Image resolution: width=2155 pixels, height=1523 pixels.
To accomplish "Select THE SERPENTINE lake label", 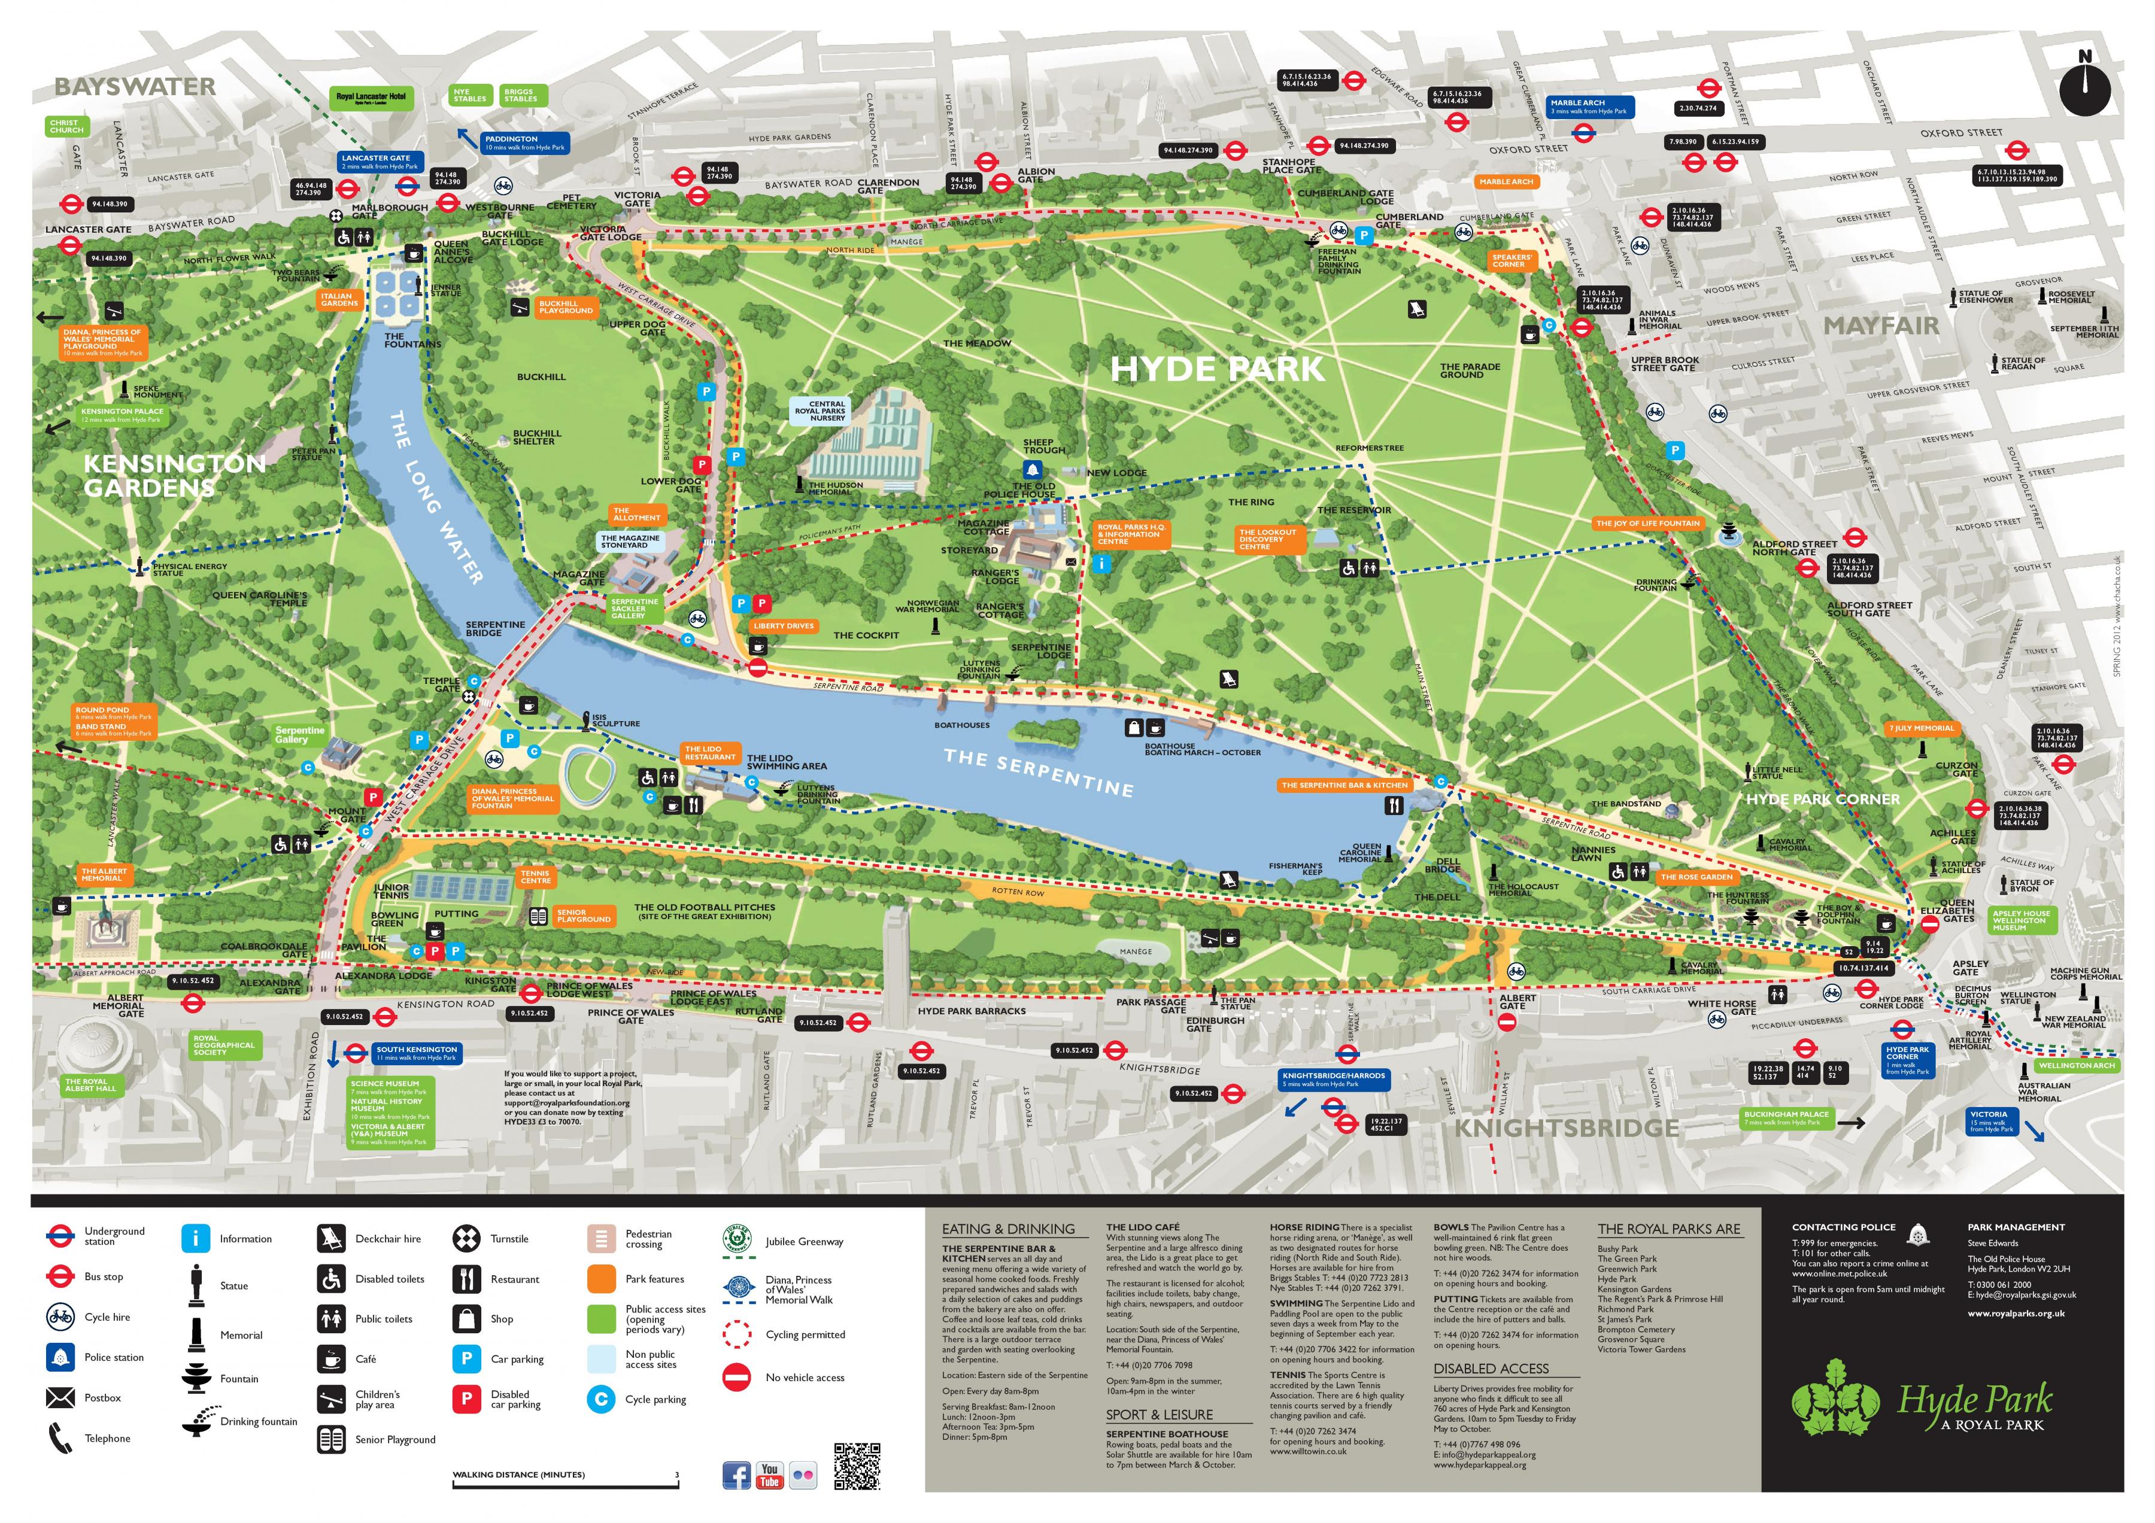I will pyautogui.click(x=1038, y=773).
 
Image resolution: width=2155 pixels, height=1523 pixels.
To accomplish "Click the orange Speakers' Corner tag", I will pyautogui.click(x=1510, y=261).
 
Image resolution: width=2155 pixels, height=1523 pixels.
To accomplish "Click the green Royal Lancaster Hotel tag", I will pyautogui.click(x=372, y=98).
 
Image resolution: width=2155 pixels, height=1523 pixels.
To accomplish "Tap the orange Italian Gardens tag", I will pyautogui.click(x=339, y=299).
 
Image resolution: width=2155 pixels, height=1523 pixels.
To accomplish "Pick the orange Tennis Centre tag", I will pyautogui.click(x=535, y=877).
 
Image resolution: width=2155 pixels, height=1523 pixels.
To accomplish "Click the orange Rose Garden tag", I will pyautogui.click(x=1696, y=877).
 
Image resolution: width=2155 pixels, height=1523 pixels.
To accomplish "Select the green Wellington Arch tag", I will pyautogui.click(x=2076, y=1065).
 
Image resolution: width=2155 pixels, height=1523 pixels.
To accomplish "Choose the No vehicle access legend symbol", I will pyautogui.click(x=737, y=1376).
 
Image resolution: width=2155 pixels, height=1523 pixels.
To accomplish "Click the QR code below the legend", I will pyautogui.click(x=857, y=1466).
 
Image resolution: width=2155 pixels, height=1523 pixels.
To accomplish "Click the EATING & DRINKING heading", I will pyautogui.click(x=1008, y=1229).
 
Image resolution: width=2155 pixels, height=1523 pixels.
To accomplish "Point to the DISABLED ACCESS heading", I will pyautogui.click(x=1491, y=1368).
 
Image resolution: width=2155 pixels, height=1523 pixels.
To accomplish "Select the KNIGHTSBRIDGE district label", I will pyautogui.click(x=1565, y=1128).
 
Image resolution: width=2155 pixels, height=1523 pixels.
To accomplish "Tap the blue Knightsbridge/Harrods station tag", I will pyautogui.click(x=1333, y=1079).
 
